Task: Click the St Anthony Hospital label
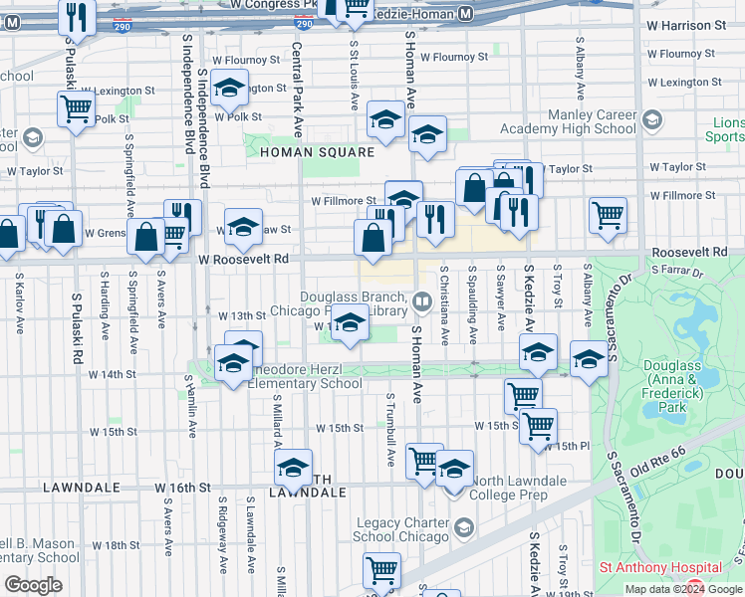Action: coord(644,567)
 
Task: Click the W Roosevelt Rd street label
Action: coord(243,259)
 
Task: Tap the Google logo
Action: coord(33,584)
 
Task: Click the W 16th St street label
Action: coord(183,488)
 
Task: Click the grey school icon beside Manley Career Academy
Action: coord(651,121)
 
